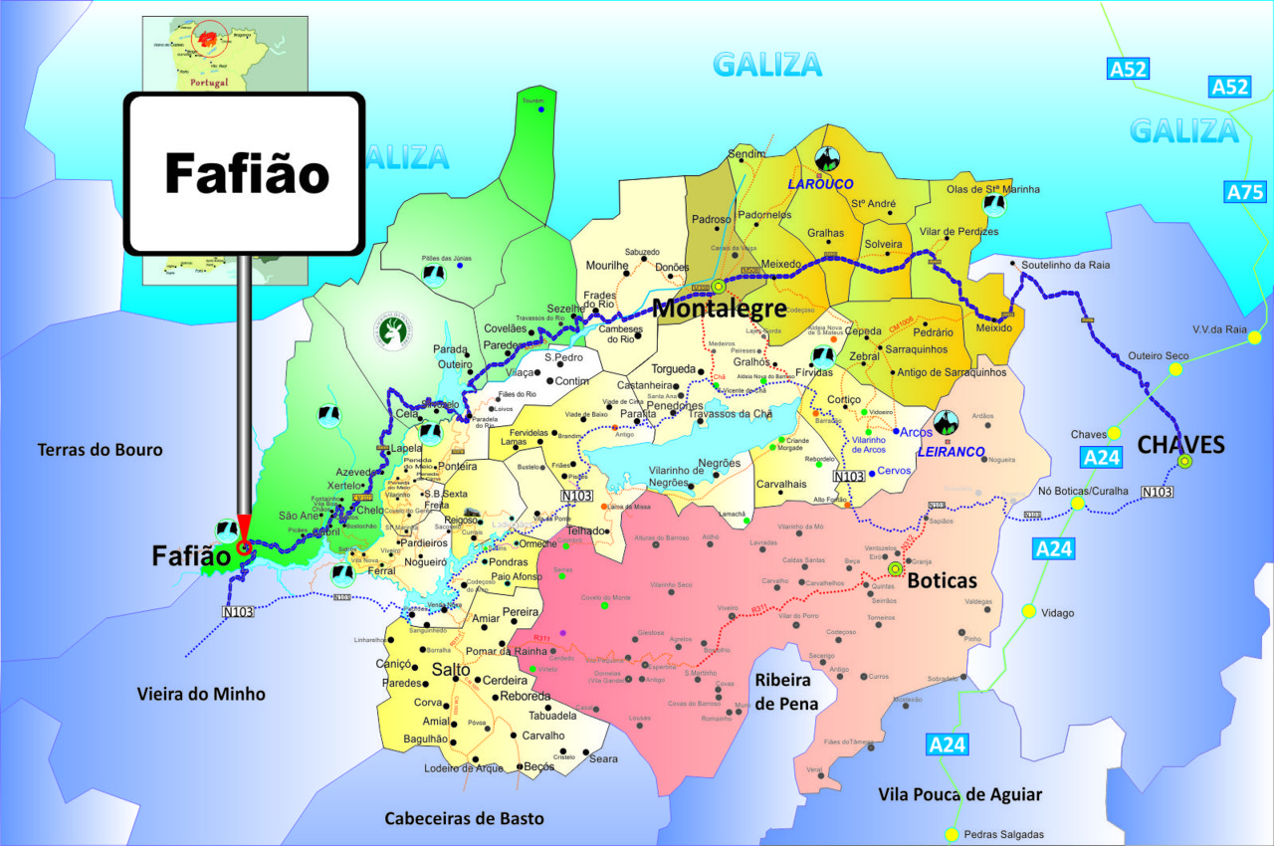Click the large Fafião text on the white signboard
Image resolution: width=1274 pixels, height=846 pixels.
[x=246, y=173]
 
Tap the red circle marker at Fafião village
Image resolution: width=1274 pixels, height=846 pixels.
[x=244, y=547]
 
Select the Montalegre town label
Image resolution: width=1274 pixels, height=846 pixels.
[x=719, y=309]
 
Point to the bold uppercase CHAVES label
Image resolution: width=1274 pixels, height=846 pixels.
[x=1180, y=444]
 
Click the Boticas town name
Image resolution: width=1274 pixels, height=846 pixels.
[x=942, y=579]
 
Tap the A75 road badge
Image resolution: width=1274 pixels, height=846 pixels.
[x=1245, y=192]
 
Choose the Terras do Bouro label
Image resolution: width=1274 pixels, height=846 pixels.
[x=100, y=450]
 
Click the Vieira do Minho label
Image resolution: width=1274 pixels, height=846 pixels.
[x=201, y=694]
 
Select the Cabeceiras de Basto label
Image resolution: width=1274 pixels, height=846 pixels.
[x=465, y=818]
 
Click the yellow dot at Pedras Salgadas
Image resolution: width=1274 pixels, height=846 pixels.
[x=953, y=834]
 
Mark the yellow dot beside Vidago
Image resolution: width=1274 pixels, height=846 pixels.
[x=1028, y=611]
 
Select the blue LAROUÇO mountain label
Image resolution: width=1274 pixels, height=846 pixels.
[x=822, y=184]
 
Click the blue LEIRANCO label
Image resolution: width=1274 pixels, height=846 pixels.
[x=951, y=452]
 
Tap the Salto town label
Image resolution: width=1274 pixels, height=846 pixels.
[x=451, y=670]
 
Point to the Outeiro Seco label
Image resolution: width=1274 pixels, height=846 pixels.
[x=1159, y=355]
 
